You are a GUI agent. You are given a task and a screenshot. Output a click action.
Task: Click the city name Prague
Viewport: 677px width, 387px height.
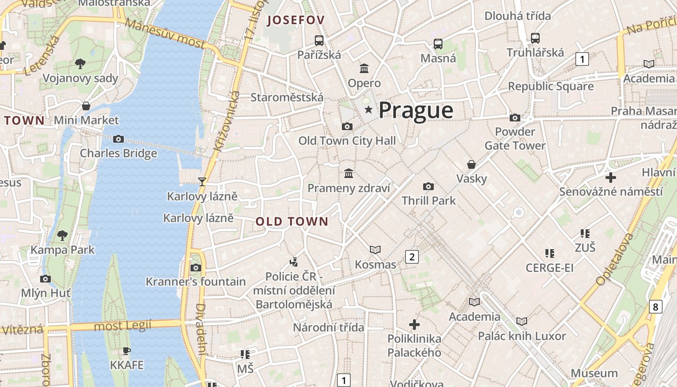[x=416, y=110]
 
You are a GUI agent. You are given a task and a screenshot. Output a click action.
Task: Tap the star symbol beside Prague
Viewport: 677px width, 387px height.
[x=368, y=110]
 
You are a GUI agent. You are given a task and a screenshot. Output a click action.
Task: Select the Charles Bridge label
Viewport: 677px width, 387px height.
[x=118, y=153]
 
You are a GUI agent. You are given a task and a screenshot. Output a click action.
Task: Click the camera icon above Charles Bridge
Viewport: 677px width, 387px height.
[x=118, y=139]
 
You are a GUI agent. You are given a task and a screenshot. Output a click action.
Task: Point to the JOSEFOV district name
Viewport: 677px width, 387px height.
[x=295, y=20]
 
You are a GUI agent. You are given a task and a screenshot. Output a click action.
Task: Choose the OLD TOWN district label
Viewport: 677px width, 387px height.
[x=292, y=222]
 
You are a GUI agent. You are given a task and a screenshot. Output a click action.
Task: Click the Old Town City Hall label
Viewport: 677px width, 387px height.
[x=347, y=141]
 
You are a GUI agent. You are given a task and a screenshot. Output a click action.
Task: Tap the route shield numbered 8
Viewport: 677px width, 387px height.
[x=655, y=307]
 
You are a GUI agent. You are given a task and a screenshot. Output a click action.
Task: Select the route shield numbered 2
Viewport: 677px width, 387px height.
[x=412, y=257]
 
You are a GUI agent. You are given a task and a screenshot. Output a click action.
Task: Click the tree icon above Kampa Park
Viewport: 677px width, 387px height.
[x=62, y=236]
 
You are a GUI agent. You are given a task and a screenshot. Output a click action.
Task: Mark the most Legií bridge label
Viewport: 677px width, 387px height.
[x=123, y=326]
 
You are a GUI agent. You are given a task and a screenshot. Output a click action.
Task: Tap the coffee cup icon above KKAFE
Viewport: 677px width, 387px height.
[x=127, y=351]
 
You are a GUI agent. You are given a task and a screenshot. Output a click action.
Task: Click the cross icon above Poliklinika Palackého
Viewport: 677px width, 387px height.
[x=414, y=324]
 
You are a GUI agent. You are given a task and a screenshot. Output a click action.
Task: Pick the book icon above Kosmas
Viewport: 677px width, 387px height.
[x=375, y=250]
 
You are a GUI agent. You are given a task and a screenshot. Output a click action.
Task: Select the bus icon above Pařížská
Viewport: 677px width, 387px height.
[x=319, y=41]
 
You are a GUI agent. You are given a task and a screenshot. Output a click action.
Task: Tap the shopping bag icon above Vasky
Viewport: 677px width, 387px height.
[x=471, y=164]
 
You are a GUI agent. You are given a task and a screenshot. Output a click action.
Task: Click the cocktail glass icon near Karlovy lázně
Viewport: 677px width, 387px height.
[x=202, y=182]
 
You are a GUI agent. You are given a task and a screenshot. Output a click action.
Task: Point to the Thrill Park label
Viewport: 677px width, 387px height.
[x=428, y=200]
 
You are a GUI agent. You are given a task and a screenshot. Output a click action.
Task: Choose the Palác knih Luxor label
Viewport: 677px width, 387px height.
[x=522, y=336]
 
